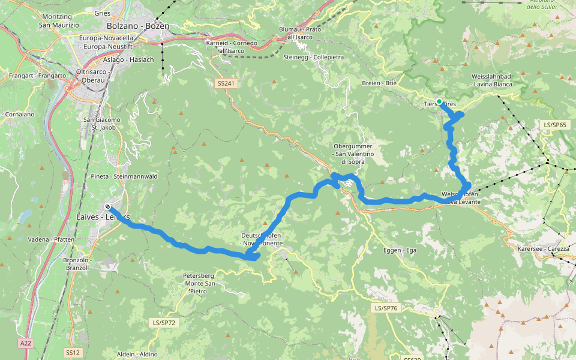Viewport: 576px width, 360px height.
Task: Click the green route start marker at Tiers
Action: [x=439, y=101]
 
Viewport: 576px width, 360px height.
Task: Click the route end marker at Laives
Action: [x=107, y=206]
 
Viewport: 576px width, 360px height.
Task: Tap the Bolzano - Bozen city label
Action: [x=138, y=26]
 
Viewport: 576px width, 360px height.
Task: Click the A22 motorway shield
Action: [x=25, y=343]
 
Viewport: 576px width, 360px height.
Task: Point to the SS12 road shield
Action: [x=73, y=353]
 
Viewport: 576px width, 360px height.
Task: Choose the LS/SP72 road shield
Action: [x=164, y=323]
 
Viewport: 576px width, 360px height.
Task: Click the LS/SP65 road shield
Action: [x=554, y=125]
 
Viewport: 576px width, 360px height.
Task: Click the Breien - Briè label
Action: [x=380, y=83]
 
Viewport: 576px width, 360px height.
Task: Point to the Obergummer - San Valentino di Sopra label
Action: [x=353, y=154]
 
